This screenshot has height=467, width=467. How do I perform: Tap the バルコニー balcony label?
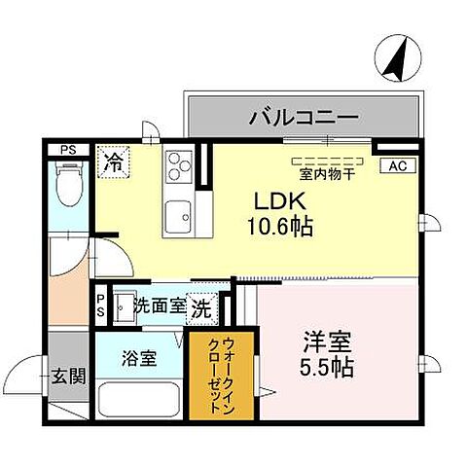303,119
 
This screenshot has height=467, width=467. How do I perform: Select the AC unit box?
396,166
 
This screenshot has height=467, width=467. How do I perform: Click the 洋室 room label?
327,343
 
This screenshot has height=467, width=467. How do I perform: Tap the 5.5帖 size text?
327,369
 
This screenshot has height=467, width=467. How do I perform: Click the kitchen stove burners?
180,166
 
